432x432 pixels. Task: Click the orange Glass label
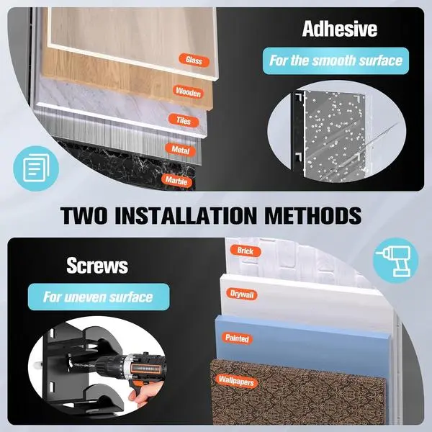[x=194, y=60]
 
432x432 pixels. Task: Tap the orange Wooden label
[x=188, y=91]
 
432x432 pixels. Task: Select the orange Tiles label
[x=184, y=121]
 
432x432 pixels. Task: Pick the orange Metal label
[x=181, y=150]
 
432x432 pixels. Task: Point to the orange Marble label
[x=176, y=181]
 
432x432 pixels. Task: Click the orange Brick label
[x=246, y=251]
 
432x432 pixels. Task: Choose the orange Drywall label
[x=242, y=294]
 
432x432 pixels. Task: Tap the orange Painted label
[x=237, y=338]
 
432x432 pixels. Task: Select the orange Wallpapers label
[x=236, y=381]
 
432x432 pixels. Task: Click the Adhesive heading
[x=339, y=29]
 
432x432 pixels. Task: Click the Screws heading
[x=97, y=266]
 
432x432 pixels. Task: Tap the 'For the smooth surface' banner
[x=336, y=61]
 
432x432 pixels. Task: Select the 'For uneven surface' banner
[x=99, y=297]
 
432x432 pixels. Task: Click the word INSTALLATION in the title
[x=186, y=215]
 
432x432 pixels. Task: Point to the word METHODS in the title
[x=313, y=215]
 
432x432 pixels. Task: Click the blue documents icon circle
[x=36, y=168]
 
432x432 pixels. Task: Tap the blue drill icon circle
[x=395, y=261]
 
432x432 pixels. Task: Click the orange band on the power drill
[x=145, y=369]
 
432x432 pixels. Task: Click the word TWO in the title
[x=84, y=215]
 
